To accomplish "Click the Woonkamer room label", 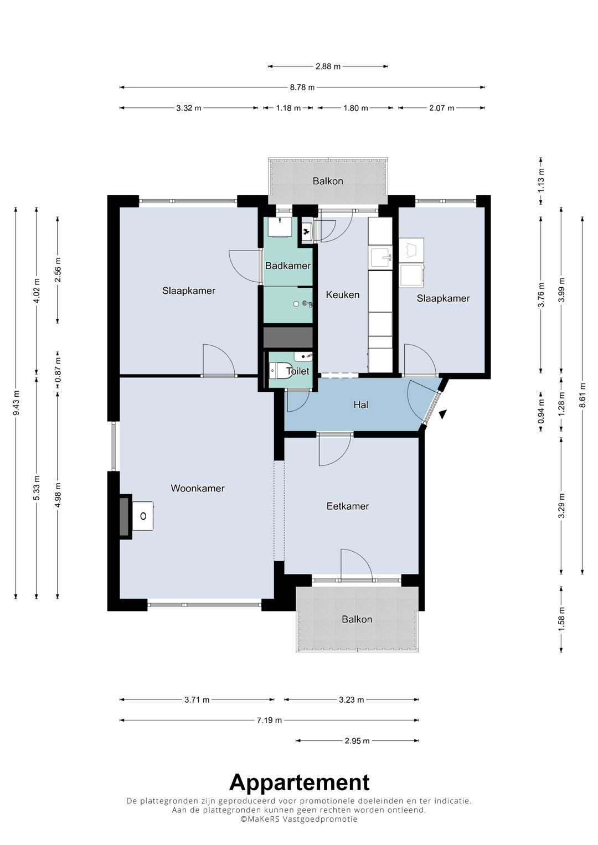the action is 198,488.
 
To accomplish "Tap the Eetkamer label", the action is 348,506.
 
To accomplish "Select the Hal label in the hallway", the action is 361,405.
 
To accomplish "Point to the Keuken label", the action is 342,294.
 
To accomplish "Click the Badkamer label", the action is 288,266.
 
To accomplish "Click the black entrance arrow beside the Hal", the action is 442,414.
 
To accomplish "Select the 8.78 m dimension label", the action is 302,87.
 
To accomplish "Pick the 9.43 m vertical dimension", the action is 16,403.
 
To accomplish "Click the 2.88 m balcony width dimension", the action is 328,67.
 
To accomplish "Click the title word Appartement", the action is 300,782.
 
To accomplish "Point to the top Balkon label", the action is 328,181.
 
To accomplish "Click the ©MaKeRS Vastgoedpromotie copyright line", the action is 299,819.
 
